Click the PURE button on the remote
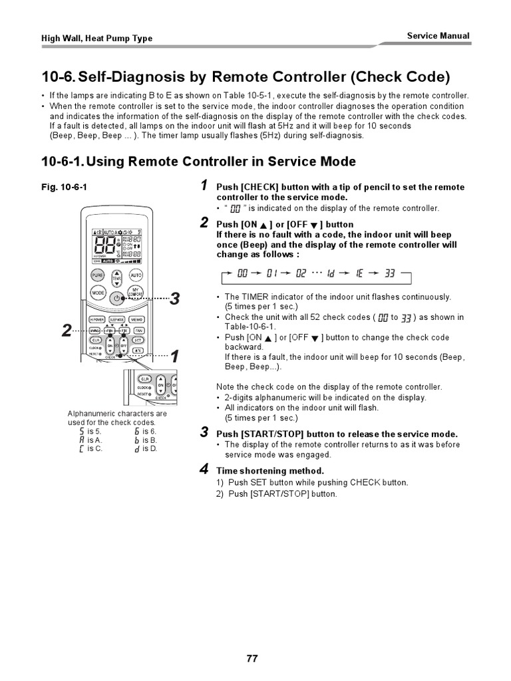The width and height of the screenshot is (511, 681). click(97, 275)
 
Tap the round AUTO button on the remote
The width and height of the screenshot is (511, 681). click(136, 275)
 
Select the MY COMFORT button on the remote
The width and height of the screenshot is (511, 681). click(136, 293)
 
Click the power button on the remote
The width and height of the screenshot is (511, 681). click(116, 298)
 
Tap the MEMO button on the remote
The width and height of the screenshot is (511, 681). click(137, 319)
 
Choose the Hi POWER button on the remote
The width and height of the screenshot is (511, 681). click(97, 319)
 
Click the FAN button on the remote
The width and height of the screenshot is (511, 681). click(138, 331)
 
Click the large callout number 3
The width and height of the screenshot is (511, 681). click(174, 299)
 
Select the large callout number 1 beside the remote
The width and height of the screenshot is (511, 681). click(174, 356)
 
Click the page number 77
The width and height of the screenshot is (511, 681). click(252, 658)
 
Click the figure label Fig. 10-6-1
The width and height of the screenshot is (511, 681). click(63, 188)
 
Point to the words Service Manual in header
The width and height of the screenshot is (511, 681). click(437, 36)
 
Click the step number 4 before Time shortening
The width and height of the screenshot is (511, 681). click(205, 470)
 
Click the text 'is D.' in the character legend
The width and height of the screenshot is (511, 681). click(150, 449)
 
